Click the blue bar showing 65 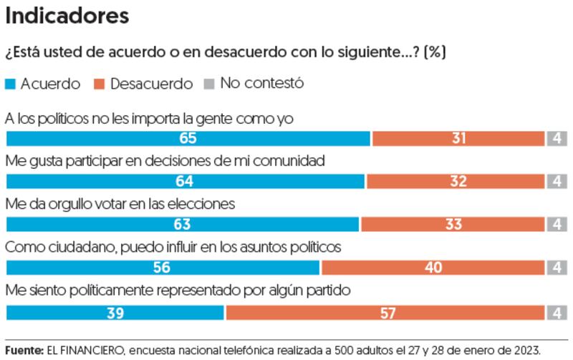click(188, 139)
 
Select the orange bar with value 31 click(458, 139)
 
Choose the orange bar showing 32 click(456, 182)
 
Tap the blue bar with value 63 click(182, 225)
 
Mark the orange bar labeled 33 click(453, 225)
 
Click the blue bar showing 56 click(163, 268)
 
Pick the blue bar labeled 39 click(115, 312)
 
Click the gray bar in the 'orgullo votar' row click(557, 225)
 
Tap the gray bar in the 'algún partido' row click(557, 312)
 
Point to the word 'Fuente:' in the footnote click(24, 351)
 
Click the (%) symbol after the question click(436, 53)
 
